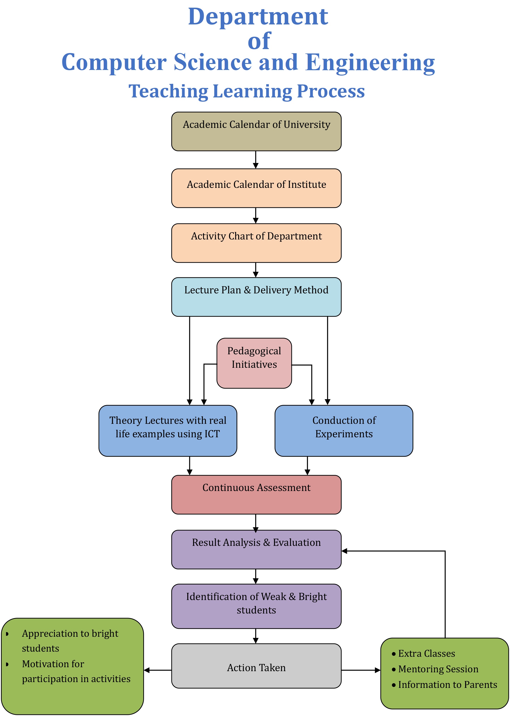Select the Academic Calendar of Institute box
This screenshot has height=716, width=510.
256,188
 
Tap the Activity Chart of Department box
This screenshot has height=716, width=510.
256,243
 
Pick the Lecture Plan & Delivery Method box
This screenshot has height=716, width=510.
256,297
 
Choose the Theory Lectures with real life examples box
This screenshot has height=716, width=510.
168,431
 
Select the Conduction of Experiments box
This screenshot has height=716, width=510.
344,431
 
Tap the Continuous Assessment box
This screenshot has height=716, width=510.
256,495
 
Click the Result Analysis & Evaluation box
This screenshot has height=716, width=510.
256,550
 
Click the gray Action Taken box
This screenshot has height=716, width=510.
256,666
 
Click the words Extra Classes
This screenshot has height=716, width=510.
427,653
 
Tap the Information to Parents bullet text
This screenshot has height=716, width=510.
447,685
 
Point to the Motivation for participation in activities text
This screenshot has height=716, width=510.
76,671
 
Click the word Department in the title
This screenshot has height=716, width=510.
258,17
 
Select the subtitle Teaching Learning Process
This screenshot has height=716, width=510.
247,92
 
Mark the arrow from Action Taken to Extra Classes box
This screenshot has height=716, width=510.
361,670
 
